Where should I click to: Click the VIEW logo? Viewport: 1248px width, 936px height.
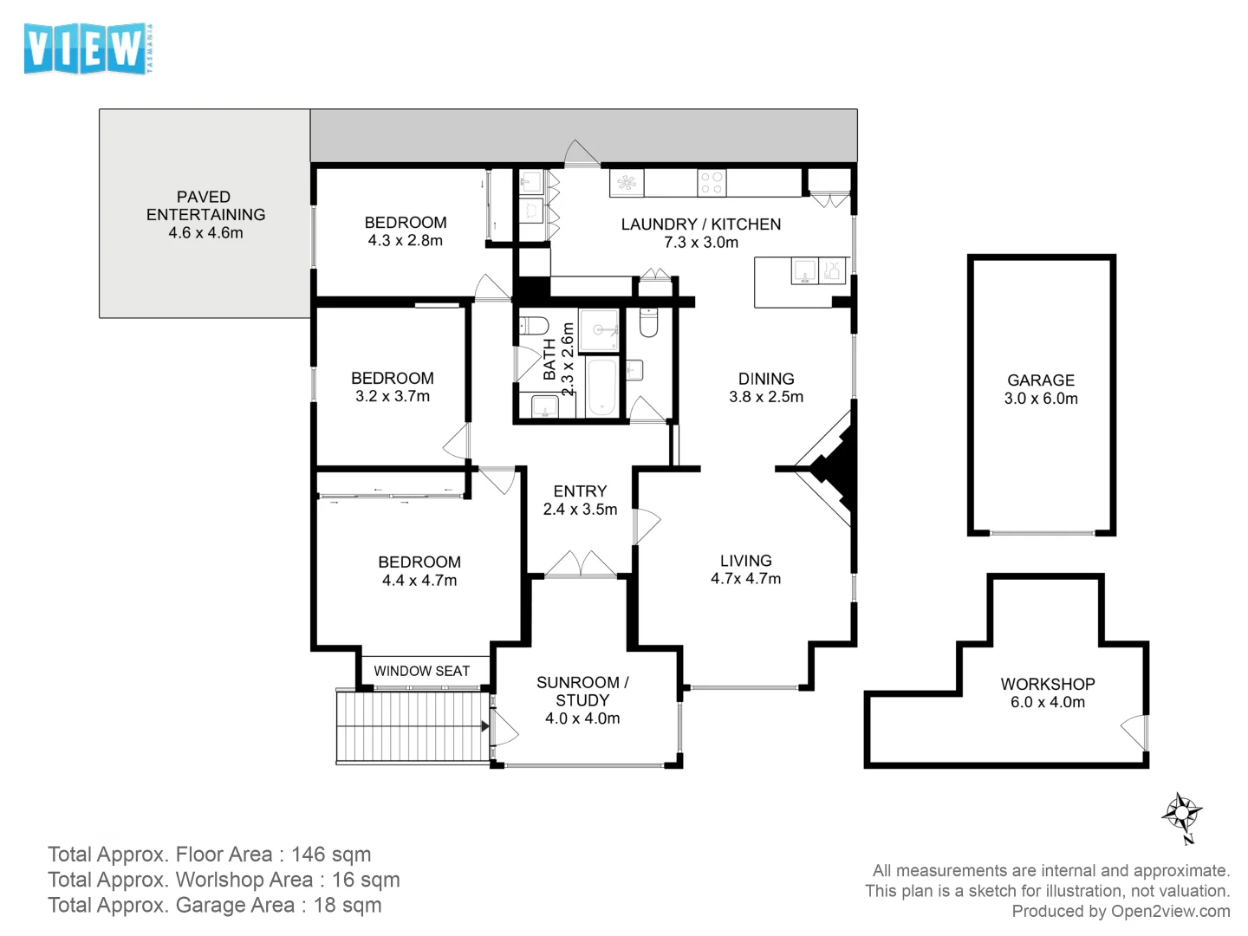coord(88,49)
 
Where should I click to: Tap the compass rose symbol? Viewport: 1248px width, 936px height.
coord(1182,813)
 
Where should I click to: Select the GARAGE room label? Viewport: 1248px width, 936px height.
coord(1041,380)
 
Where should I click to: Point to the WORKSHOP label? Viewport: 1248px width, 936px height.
coord(1047,684)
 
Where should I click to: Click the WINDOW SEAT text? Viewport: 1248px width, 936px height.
coord(421,671)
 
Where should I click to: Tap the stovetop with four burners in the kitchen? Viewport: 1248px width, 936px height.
coord(712,182)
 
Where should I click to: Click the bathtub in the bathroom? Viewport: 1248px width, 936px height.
coord(601,387)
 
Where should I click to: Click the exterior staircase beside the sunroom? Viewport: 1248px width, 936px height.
coord(413,725)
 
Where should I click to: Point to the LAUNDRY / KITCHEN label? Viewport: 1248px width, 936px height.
coord(700,224)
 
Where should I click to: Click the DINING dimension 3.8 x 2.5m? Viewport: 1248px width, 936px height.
coord(766,397)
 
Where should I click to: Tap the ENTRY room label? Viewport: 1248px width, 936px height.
coord(580,491)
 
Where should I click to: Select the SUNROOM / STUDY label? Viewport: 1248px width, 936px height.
coord(582,691)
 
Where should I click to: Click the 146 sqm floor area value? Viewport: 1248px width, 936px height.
coord(331,855)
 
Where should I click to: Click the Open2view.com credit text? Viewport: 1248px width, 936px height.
coord(1170,912)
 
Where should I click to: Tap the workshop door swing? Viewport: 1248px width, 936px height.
coord(1134,731)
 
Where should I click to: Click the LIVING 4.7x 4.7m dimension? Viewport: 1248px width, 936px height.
coord(745,579)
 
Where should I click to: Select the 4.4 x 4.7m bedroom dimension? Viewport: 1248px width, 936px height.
coord(419,581)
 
